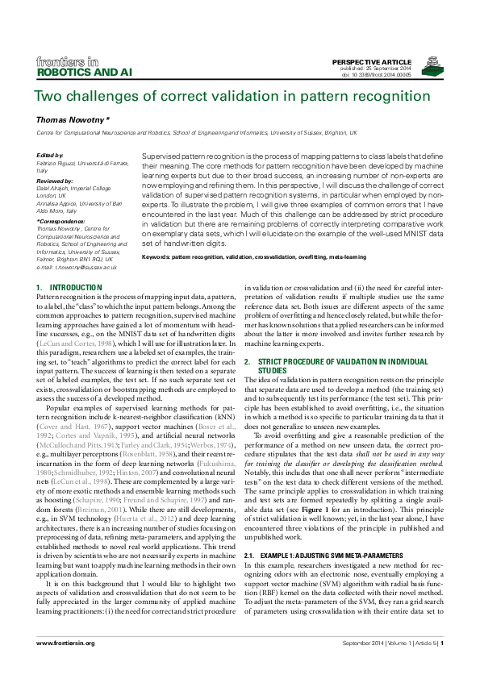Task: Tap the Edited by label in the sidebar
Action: pyautogui.click(x=50, y=154)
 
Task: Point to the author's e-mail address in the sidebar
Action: pyautogui.click(x=77, y=267)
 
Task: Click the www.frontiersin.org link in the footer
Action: pyautogui.click(x=66, y=643)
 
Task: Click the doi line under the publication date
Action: pyautogui.click(x=381, y=76)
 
